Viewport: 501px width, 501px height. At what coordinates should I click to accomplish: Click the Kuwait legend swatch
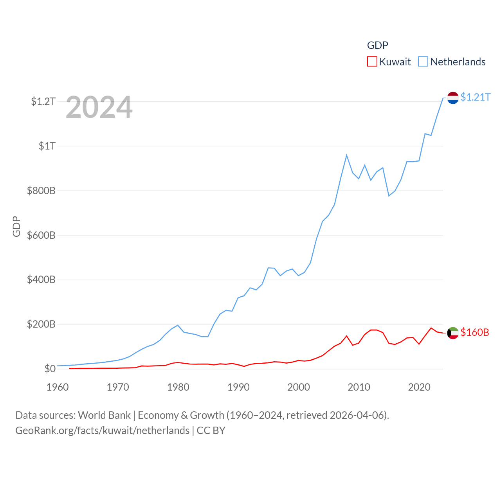pos(372,62)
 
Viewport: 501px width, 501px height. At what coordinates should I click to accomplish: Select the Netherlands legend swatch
pos(423,62)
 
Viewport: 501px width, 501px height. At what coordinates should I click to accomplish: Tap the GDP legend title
pos(377,45)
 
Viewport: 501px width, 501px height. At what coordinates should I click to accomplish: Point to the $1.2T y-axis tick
pos(43,101)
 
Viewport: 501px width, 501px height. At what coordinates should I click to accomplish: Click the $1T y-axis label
pos(47,146)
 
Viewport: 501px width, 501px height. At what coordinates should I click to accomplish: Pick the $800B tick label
pos(41,191)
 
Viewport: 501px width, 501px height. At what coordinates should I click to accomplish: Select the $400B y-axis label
pos(41,279)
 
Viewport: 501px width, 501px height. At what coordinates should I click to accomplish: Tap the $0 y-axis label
pos(50,369)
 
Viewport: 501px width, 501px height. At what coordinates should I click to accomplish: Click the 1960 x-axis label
pos(58,387)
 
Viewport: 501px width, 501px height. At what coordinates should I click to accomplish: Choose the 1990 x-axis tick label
pos(238,387)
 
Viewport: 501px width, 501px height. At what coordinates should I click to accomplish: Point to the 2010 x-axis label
pos(359,387)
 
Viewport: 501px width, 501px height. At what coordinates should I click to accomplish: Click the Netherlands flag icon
pos(453,98)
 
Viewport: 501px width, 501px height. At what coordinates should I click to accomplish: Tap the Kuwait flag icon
pos(453,333)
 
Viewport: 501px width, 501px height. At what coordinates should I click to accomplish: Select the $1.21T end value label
pos(475,97)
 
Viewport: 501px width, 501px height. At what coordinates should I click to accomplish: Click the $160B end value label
pos(475,332)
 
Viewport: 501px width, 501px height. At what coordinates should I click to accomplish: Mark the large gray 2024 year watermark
pos(99,107)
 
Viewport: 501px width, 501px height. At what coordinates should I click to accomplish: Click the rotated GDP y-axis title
pos(16,226)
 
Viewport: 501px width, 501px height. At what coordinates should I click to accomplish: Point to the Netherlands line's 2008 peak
pos(346,155)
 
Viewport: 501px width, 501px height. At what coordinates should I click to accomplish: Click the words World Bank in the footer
pos(104,415)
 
